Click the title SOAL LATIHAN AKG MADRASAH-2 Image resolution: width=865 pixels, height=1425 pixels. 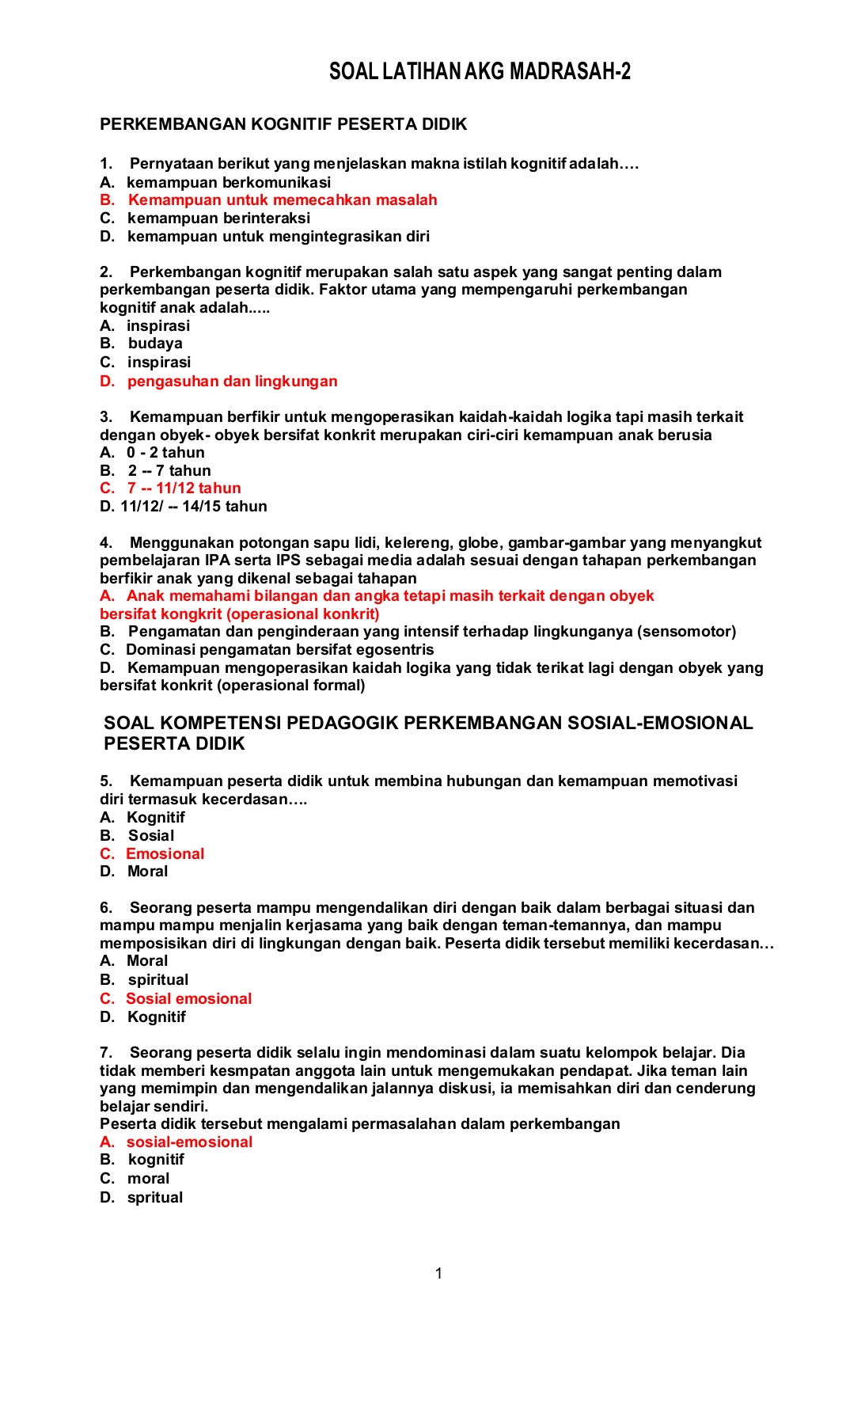[x=480, y=72]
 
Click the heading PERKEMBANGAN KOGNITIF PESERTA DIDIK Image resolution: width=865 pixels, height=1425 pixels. [x=283, y=124]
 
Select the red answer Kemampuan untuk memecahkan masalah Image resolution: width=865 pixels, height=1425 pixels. [x=282, y=200]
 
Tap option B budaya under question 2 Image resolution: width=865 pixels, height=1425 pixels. [x=154, y=344]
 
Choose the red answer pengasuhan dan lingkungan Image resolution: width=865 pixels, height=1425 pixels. [x=232, y=382]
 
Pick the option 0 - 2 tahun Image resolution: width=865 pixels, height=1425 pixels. [x=165, y=453]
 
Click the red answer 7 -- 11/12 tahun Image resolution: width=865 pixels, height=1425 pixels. [x=184, y=488]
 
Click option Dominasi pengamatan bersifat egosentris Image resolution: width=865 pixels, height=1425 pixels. [x=279, y=650]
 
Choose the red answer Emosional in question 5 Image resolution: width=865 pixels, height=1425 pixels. [x=165, y=854]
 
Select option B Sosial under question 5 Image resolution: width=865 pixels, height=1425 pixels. [x=150, y=836]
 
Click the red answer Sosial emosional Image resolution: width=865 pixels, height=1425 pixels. [x=188, y=999]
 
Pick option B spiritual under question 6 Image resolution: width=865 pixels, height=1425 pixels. [x=157, y=980]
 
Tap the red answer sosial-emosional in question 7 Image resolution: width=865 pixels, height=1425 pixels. [x=189, y=1142]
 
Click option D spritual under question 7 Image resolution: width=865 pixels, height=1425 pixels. [x=154, y=1198]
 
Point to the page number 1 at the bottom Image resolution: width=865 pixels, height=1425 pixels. [x=438, y=1274]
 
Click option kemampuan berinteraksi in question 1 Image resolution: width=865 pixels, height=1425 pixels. [x=218, y=218]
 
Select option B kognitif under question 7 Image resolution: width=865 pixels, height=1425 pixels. [x=155, y=1160]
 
